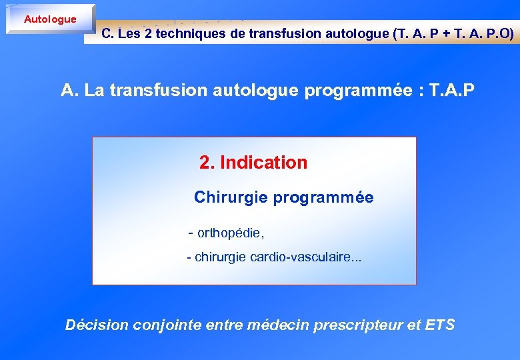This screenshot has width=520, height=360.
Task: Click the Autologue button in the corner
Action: (50, 19)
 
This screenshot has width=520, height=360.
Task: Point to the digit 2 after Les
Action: (147, 34)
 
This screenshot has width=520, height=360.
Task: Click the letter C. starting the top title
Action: (107, 34)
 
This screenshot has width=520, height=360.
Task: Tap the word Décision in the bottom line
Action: (97, 325)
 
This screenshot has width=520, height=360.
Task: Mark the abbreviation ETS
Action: (440, 325)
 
